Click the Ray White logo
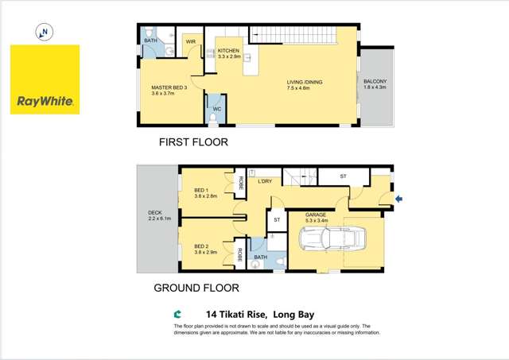click(45, 79)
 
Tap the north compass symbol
click(45, 33)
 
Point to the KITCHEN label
click(228, 50)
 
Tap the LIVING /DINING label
click(316, 81)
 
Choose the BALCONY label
click(375, 82)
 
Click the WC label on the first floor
click(216, 109)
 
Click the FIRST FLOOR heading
click(194, 143)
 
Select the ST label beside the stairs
click(344, 176)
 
